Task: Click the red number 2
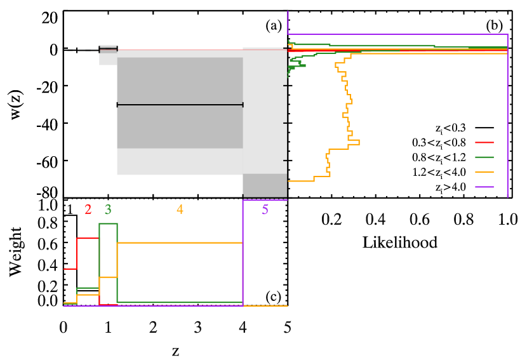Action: point(88,210)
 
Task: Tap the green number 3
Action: point(108,210)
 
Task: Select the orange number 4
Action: point(180,210)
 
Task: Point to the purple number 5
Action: point(265,210)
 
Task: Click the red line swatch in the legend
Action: point(484,142)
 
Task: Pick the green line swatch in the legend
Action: point(484,157)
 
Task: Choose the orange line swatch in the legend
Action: point(484,172)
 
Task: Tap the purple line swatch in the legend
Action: point(484,187)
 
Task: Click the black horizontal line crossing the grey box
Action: point(180,105)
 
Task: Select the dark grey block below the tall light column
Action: point(265,184)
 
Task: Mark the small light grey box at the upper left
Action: point(107,58)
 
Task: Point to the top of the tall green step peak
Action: point(108,223)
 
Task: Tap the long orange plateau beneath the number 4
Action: point(180,243)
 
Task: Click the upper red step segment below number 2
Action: point(88,238)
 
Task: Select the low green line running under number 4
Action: point(180,302)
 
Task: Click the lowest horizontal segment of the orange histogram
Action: point(301,181)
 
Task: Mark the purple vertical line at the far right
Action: point(507,114)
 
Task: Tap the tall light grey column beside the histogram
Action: point(265,111)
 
